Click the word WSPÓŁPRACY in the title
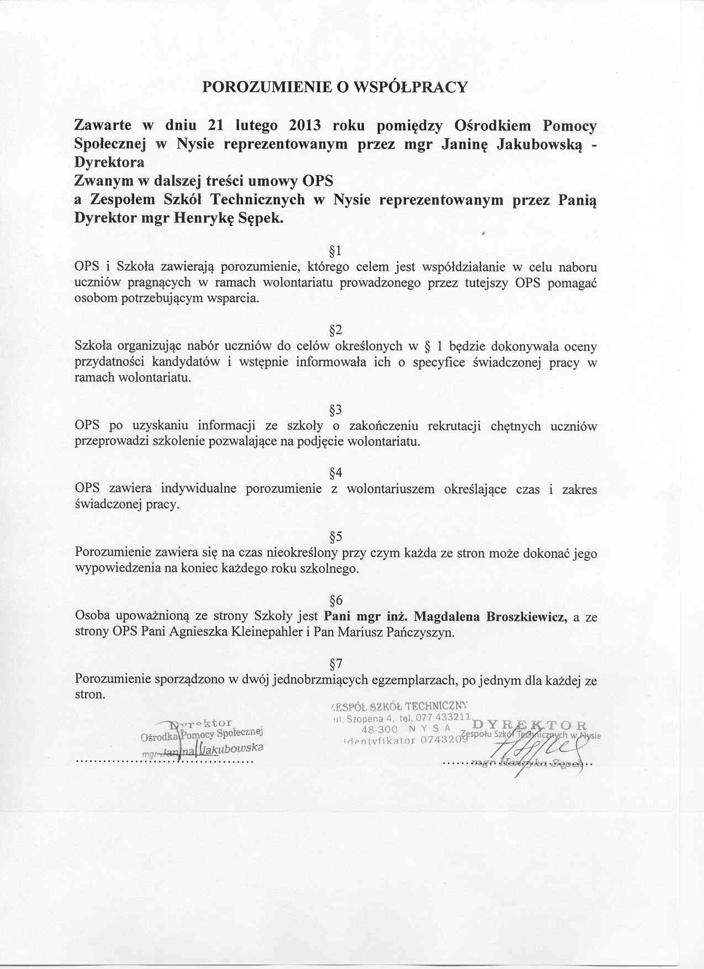tap(410, 87)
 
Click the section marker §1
tap(336, 252)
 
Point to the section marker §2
tap(336, 331)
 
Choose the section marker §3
tap(336, 410)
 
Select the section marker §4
tap(336, 473)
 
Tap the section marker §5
tap(336, 536)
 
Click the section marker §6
tap(336, 600)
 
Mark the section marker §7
tap(336, 663)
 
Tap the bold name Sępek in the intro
tap(265, 218)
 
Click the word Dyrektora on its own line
tap(109, 162)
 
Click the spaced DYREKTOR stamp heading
tap(524, 724)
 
